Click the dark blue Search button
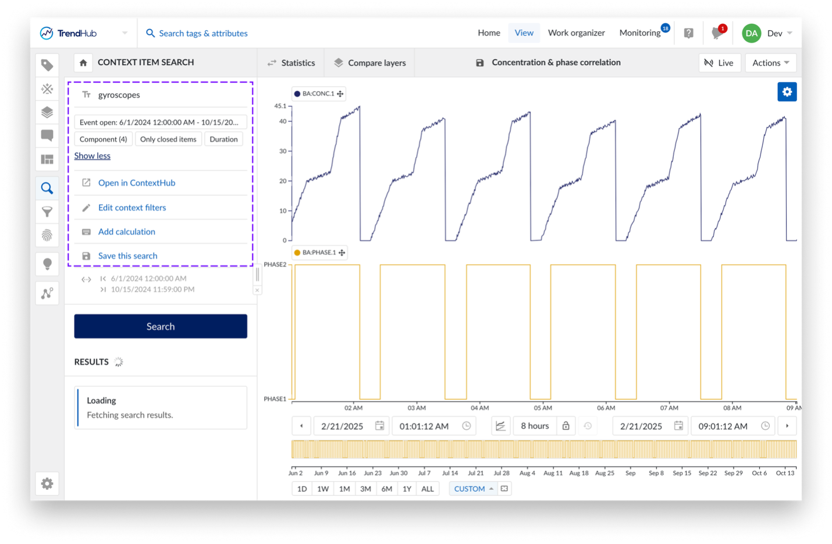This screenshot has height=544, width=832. click(x=161, y=326)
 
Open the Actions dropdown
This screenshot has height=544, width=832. click(x=770, y=63)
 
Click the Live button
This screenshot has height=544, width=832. click(x=719, y=63)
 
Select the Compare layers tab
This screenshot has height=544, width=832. click(x=369, y=63)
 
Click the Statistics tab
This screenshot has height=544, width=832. click(x=291, y=63)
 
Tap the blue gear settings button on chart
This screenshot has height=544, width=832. click(x=787, y=92)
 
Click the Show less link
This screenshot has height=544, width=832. click(x=93, y=156)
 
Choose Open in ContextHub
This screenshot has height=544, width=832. click(x=136, y=183)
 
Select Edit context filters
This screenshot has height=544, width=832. click(x=132, y=208)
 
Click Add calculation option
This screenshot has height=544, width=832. click(x=127, y=232)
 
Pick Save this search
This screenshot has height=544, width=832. click(x=127, y=256)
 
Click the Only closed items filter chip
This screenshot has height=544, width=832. click(x=168, y=139)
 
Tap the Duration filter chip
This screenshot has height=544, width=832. click(x=223, y=139)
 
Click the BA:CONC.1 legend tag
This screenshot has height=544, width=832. click(x=318, y=94)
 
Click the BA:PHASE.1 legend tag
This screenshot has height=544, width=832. click(x=319, y=253)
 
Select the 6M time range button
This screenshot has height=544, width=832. click(x=386, y=489)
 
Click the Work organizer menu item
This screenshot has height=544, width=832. click(x=576, y=33)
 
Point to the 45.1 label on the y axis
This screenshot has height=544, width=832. click(x=280, y=106)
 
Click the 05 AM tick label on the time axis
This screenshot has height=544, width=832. click(x=543, y=408)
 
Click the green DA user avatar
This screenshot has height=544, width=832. click(x=751, y=33)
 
